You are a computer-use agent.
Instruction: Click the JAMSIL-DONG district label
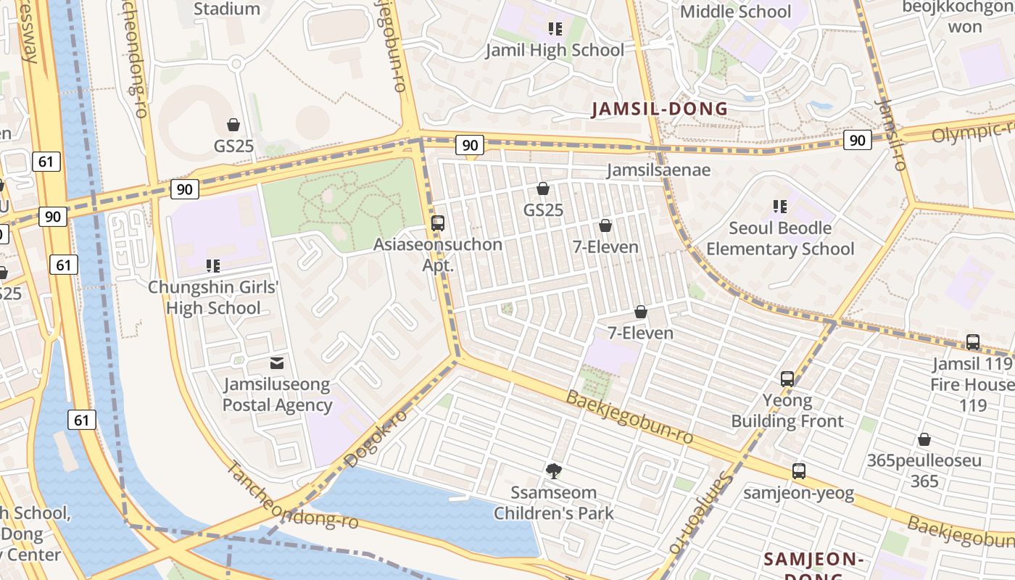click(660, 109)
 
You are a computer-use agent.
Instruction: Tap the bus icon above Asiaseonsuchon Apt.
click(437, 223)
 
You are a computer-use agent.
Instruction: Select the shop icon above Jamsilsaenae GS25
click(543, 189)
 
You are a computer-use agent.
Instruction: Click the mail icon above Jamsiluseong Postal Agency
click(276, 363)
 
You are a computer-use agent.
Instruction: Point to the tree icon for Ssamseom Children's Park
click(553, 471)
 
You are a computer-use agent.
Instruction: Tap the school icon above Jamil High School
click(555, 29)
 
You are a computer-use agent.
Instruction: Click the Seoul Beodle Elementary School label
click(780, 239)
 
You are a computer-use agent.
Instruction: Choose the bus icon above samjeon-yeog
click(798, 471)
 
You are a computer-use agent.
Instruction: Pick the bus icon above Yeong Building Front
click(787, 378)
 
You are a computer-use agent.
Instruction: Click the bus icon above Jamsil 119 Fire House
click(973, 341)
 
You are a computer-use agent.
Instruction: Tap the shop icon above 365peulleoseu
click(924, 439)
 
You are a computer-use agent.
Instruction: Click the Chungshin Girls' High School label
click(213, 297)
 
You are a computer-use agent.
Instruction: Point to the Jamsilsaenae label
click(658, 170)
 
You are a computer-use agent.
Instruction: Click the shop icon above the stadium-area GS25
click(233, 125)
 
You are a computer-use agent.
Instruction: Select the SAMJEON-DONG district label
click(812, 560)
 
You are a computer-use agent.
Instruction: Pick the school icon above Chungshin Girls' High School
click(213, 266)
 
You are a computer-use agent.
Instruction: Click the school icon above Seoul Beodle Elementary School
click(780, 207)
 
